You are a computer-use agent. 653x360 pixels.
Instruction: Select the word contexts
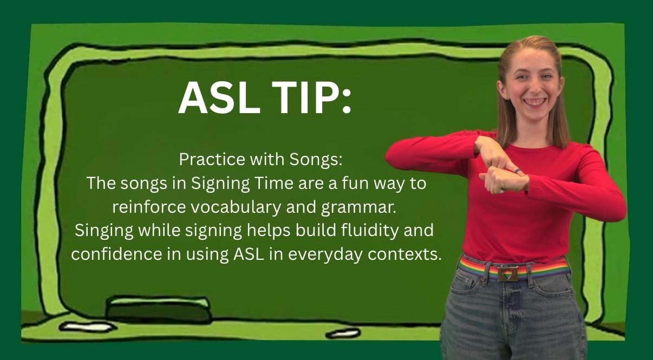[404, 254]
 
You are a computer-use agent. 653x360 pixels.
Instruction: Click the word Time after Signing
[274, 183]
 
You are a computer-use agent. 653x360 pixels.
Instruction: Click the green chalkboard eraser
[159, 310]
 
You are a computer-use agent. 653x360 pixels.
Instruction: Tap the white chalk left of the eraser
[86, 328]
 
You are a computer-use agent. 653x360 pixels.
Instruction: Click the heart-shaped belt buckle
[507, 274]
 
